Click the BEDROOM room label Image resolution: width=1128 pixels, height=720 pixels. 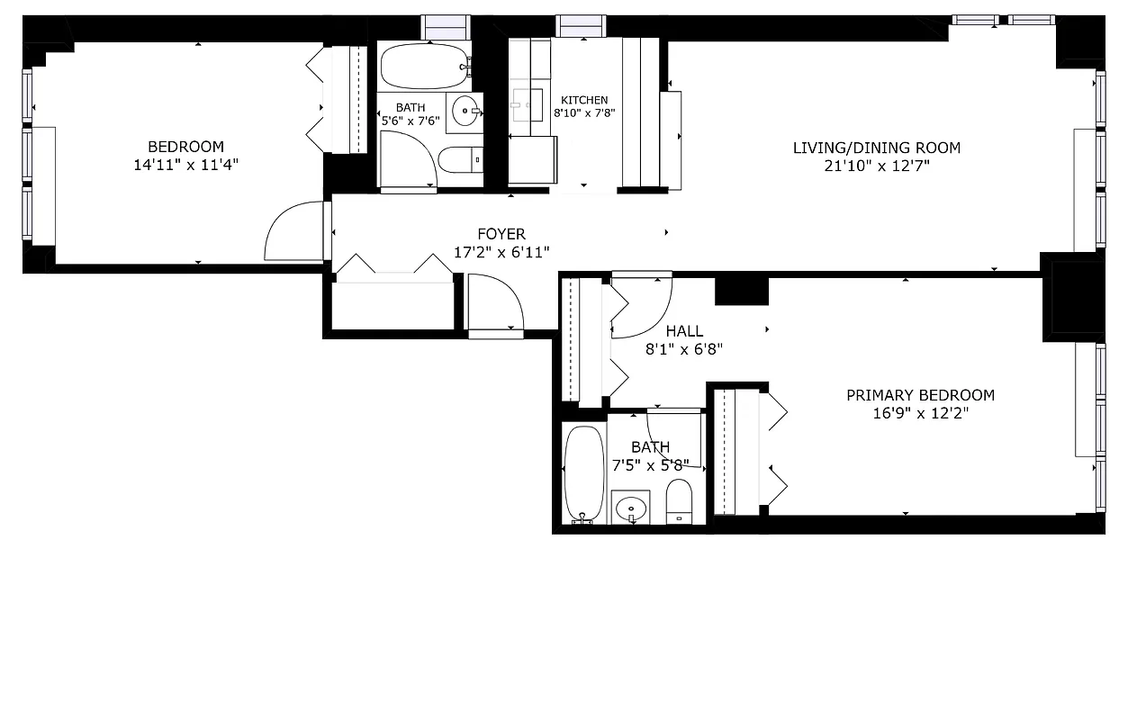coord(185,147)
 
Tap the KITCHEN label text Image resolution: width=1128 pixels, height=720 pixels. coord(584,100)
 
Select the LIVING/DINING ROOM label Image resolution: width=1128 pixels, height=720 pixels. coord(876,148)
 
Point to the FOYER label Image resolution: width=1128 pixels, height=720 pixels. coord(501,235)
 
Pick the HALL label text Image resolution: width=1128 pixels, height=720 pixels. coord(684,331)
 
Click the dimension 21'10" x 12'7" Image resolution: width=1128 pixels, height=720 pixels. coord(876,166)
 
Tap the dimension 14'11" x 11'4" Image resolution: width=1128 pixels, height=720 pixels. coord(185,165)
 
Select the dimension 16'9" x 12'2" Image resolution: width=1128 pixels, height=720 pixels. coord(920,413)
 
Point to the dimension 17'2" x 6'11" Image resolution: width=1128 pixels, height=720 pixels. coord(501,253)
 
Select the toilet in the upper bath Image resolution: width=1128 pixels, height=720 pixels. coord(460,161)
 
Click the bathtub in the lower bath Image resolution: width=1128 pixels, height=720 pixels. coord(583,472)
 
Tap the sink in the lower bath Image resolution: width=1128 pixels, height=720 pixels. coord(631,508)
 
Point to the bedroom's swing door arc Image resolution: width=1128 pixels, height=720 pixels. coord(293,231)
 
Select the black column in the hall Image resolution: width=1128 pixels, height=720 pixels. coord(741,292)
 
